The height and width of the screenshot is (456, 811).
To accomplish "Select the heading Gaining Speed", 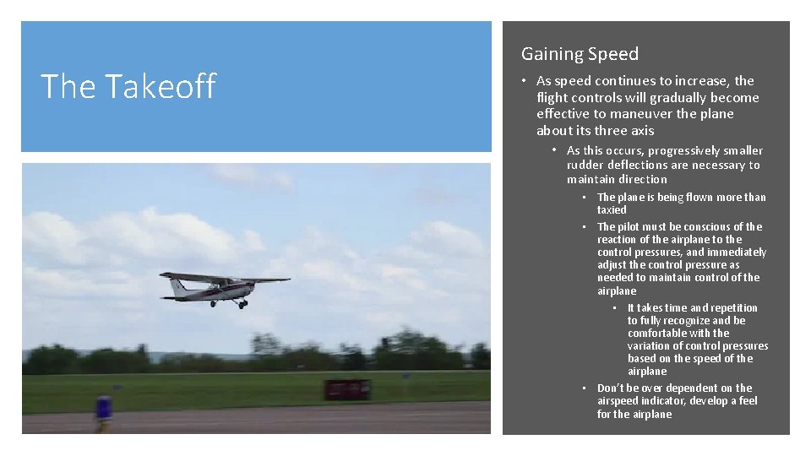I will tap(580, 54).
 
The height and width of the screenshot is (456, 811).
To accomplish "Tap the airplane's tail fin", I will tap(177, 287).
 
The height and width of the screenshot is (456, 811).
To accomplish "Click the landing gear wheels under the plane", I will tap(241, 303).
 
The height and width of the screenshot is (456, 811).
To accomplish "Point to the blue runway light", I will tap(103, 407).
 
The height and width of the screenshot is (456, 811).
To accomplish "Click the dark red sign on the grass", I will tap(347, 389).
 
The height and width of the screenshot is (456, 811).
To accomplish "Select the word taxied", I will tap(612, 209).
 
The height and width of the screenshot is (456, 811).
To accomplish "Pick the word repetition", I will tap(725, 307).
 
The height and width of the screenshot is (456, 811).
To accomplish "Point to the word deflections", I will tap(637, 165).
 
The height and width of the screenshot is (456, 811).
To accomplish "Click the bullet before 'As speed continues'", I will tap(524, 81).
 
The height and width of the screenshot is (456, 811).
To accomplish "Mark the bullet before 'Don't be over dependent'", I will tap(585, 388).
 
